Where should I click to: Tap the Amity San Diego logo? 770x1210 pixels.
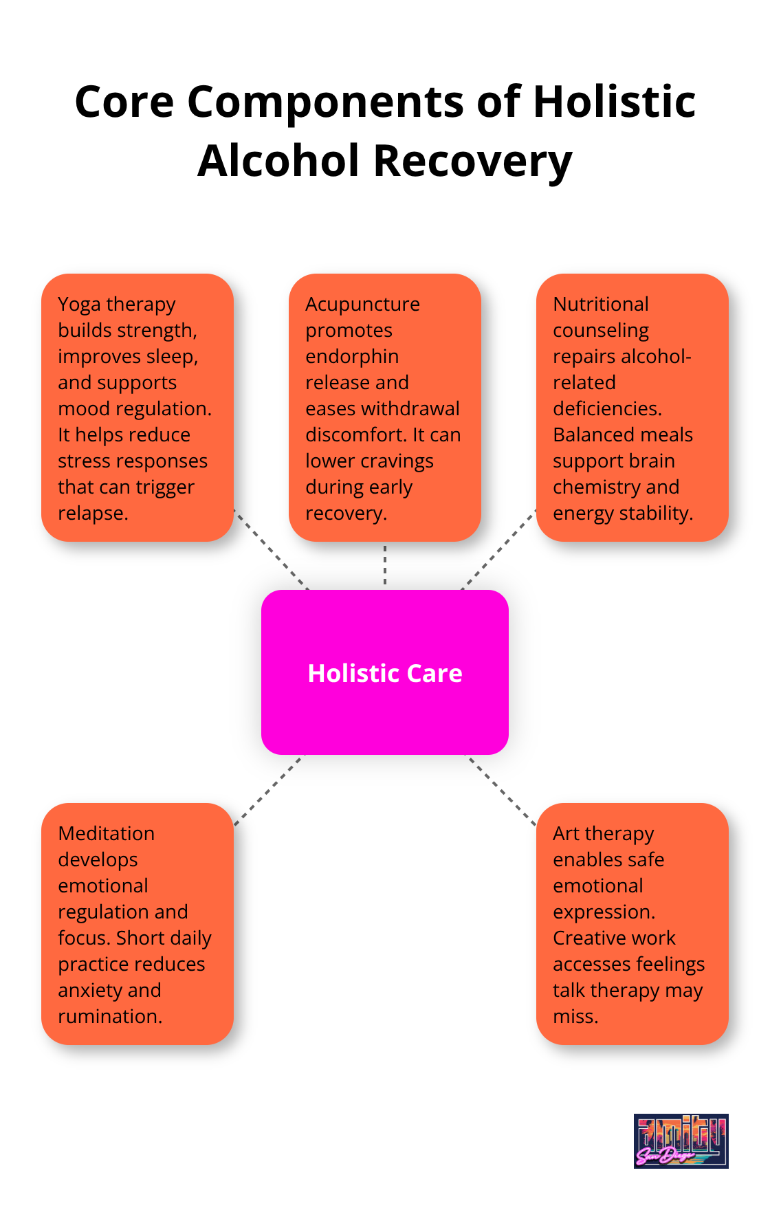click(681, 1141)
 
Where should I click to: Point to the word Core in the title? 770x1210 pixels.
click(124, 102)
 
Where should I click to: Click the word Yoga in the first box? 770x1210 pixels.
click(80, 305)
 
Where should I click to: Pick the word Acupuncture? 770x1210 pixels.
click(362, 304)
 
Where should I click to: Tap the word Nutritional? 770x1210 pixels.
click(601, 304)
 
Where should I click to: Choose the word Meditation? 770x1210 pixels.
click(107, 833)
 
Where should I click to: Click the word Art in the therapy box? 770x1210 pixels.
click(566, 833)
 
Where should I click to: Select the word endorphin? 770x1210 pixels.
click(352, 356)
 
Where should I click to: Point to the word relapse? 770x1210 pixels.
click(93, 513)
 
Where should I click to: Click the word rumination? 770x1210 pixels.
click(110, 1016)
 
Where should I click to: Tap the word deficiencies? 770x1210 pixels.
click(607, 408)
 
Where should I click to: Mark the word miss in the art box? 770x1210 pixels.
click(575, 1016)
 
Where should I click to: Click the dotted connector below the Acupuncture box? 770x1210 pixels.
click(385, 565)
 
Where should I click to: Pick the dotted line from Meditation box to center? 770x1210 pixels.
click(268, 790)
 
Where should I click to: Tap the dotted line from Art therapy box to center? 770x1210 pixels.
click(500, 789)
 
